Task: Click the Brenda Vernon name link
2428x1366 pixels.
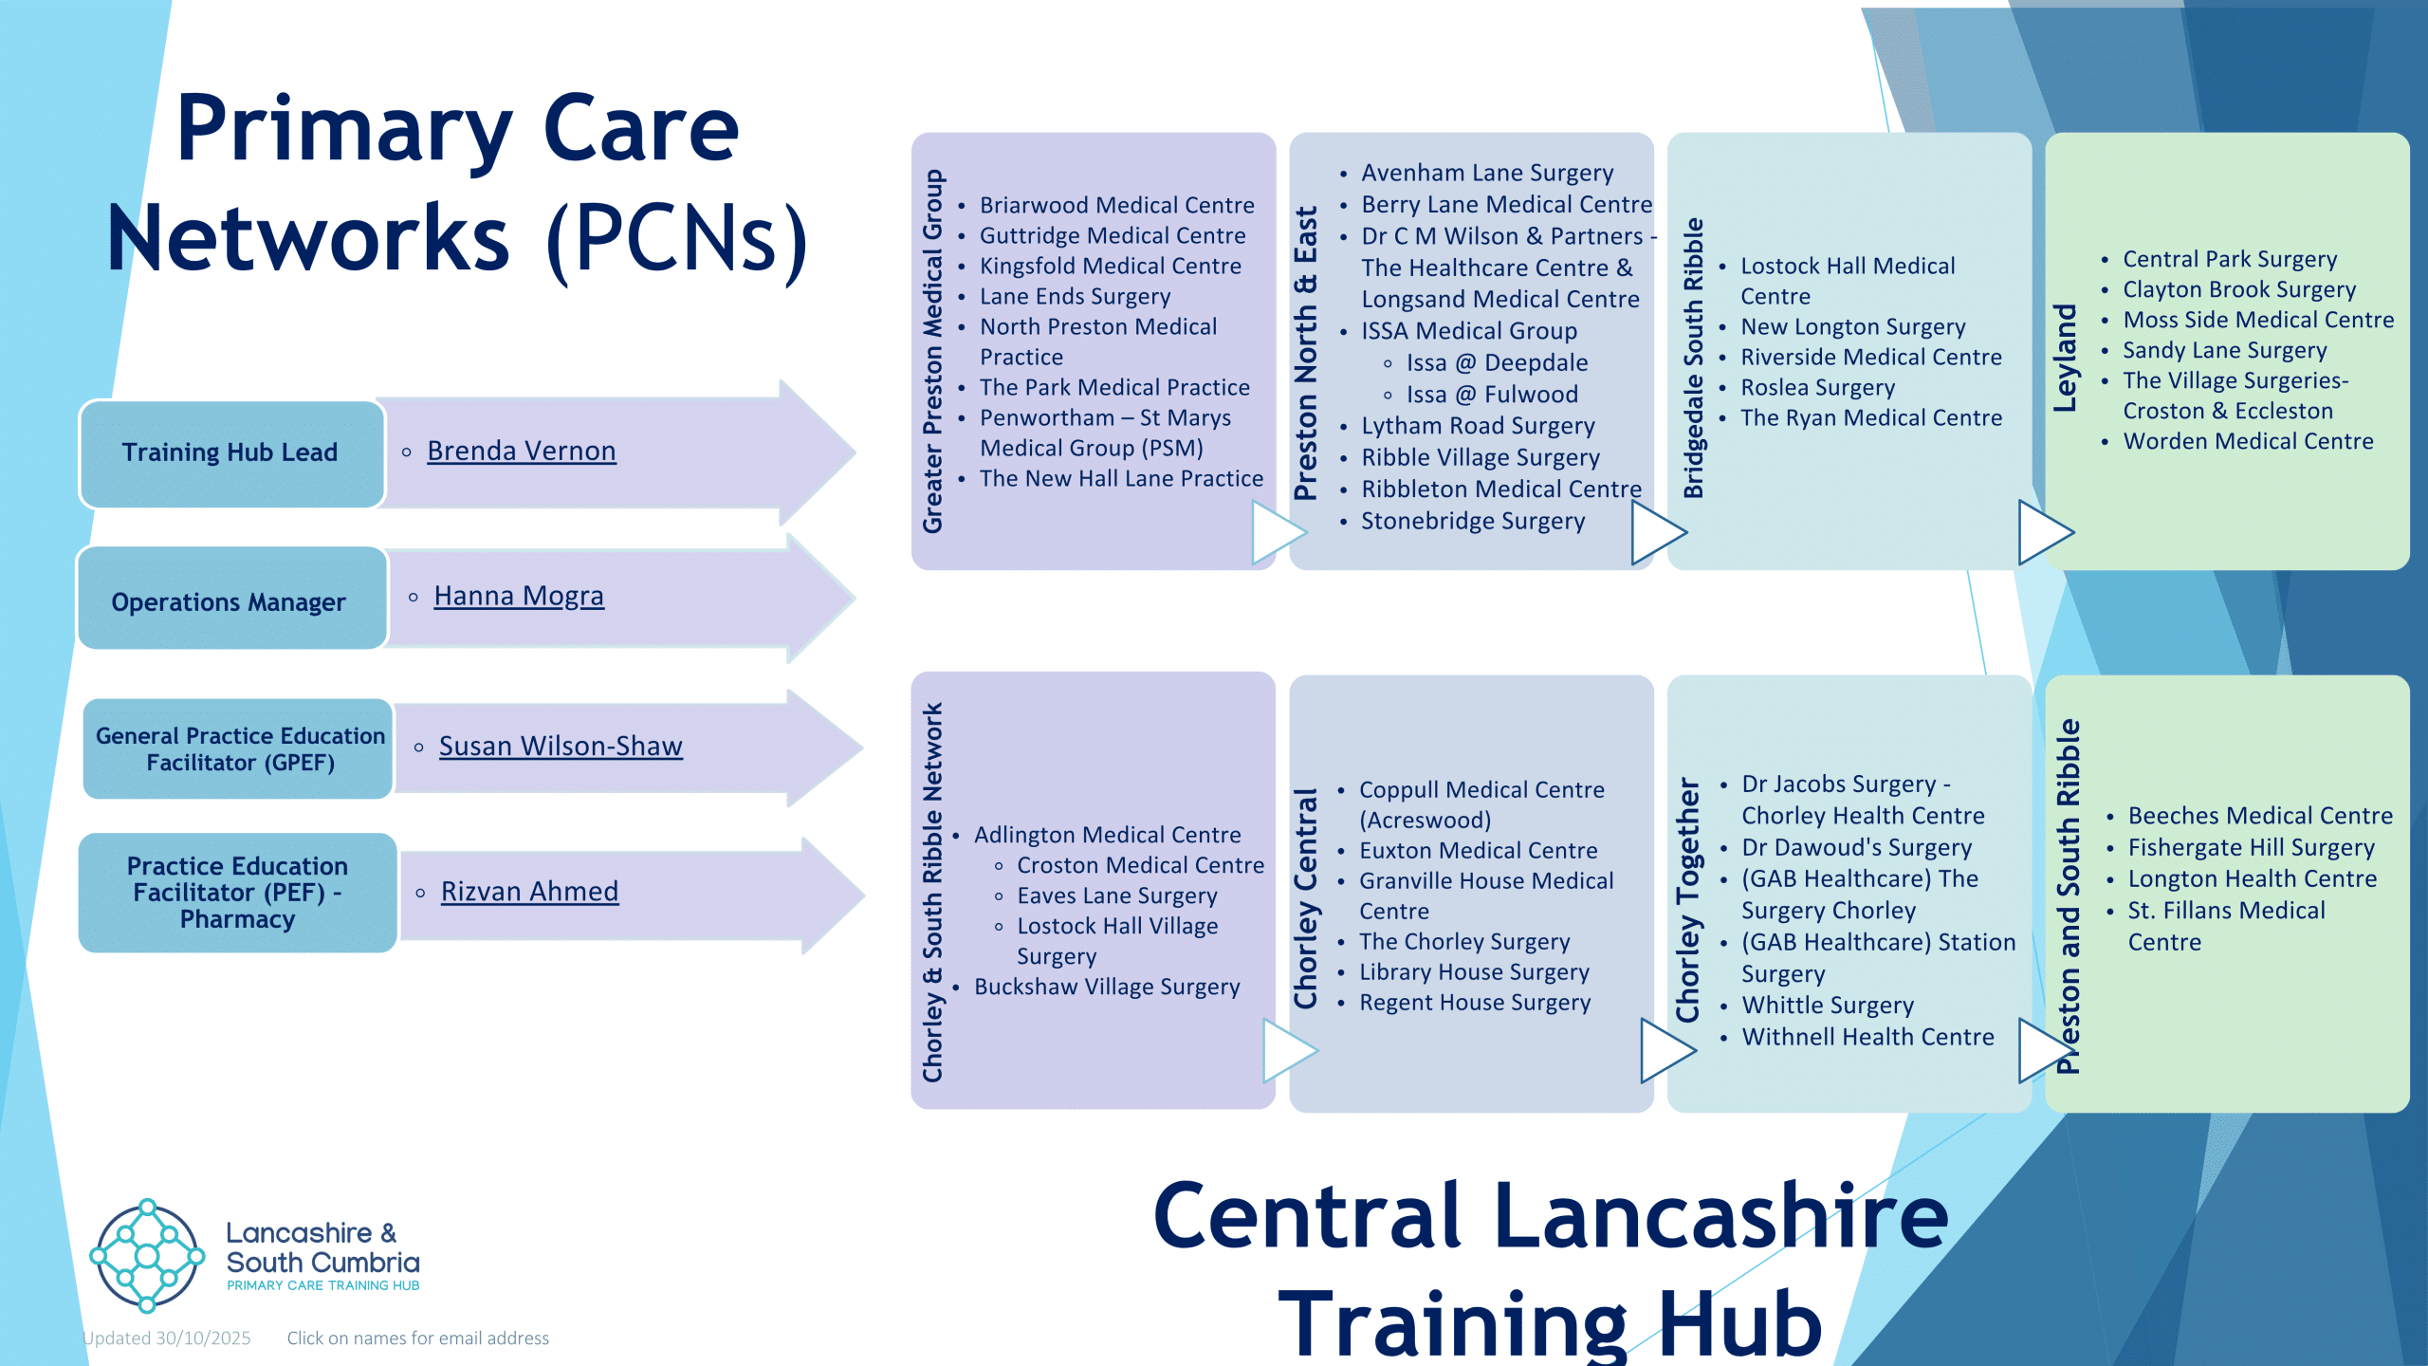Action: (x=521, y=451)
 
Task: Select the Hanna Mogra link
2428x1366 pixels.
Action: (x=519, y=596)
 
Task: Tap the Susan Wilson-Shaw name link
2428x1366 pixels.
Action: (x=561, y=747)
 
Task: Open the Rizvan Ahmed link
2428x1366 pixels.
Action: (x=529, y=892)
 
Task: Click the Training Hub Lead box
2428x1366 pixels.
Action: (x=231, y=453)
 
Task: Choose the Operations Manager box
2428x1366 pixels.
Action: (x=230, y=600)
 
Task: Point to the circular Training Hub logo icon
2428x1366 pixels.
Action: (x=147, y=1256)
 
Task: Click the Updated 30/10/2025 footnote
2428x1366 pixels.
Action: (x=167, y=1338)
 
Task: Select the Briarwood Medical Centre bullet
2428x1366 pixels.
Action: (x=1116, y=205)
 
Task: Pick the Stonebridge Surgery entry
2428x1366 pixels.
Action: (x=1473, y=522)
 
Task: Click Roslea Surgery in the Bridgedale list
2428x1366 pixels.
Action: (x=1817, y=388)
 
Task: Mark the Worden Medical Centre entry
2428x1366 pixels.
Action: (x=2248, y=441)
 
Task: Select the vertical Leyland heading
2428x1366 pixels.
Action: (x=2065, y=358)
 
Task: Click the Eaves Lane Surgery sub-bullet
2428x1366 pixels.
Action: (x=1116, y=896)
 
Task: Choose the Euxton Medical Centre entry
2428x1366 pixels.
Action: (x=1478, y=851)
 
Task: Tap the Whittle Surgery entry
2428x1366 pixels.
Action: (x=1828, y=1006)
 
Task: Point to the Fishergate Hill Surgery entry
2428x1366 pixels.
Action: (x=2251, y=848)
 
